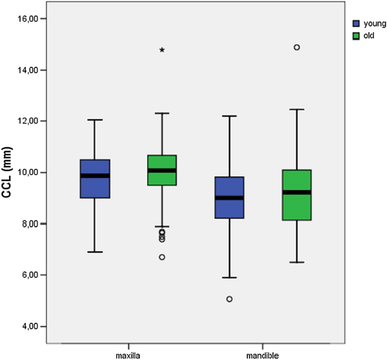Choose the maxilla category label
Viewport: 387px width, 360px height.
click(128, 355)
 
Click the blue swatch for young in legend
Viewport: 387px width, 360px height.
click(356, 24)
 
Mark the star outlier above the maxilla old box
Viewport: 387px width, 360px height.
click(162, 50)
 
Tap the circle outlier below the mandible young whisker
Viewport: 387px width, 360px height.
click(229, 299)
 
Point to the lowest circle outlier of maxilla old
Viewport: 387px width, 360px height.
click(162, 257)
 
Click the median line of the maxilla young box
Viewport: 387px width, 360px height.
click(95, 175)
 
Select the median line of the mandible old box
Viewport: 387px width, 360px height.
click(297, 192)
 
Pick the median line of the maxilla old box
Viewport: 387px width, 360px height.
click(162, 170)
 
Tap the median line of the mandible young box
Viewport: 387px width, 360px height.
click(229, 197)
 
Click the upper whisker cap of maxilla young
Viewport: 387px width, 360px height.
click(95, 120)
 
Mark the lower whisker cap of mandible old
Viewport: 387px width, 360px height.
click(297, 262)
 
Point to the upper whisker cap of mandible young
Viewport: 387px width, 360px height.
click(229, 116)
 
